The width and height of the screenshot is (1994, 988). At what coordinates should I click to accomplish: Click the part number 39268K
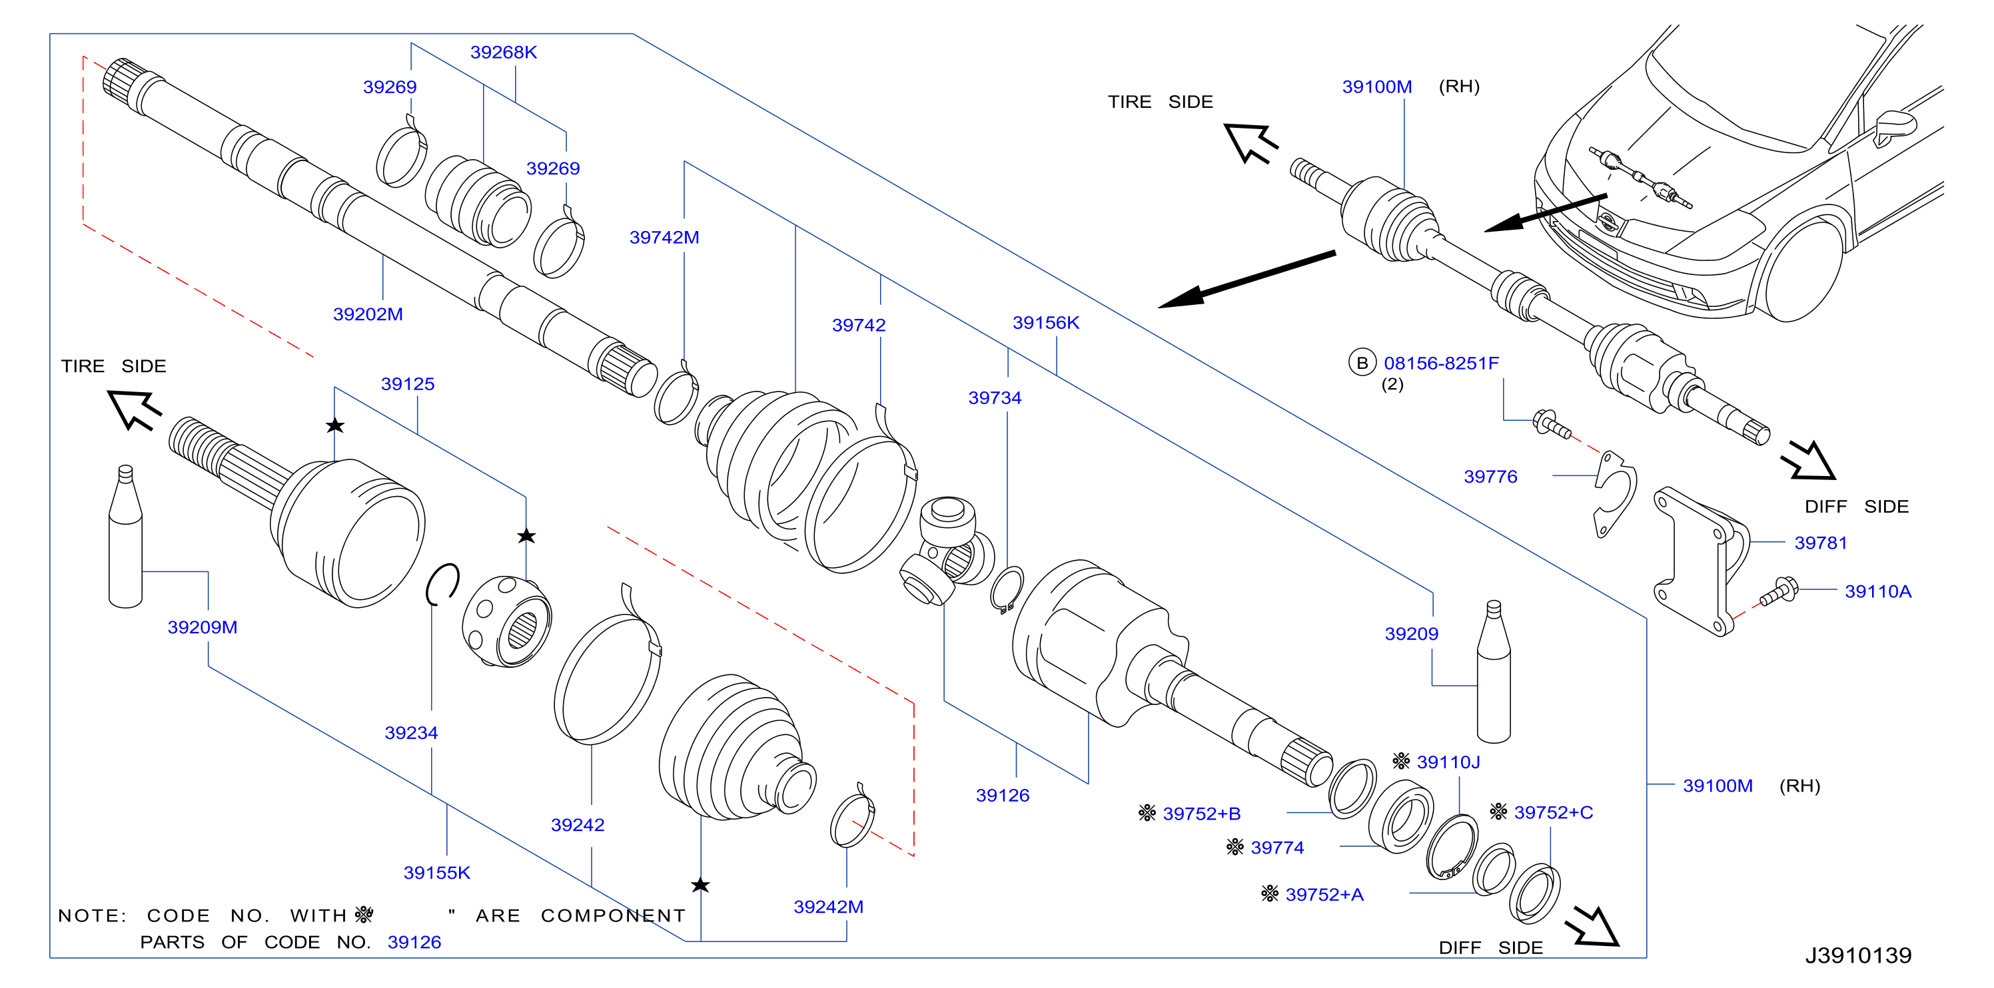(503, 52)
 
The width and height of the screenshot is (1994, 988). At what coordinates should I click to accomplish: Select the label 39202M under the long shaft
(368, 314)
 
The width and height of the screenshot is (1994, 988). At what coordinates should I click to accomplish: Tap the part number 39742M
(664, 238)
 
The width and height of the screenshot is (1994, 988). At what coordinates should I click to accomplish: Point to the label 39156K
(1046, 323)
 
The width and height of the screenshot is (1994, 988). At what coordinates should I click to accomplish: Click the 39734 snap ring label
(995, 397)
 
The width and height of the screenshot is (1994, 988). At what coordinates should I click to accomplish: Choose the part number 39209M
(202, 627)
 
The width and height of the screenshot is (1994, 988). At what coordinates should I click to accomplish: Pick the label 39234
(411, 733)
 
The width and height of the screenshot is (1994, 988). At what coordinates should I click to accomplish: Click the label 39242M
(828, 907)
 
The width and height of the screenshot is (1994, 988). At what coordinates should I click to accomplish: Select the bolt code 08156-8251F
(1441, 363)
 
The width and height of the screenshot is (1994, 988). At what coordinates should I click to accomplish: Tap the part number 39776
(1490, 477)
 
